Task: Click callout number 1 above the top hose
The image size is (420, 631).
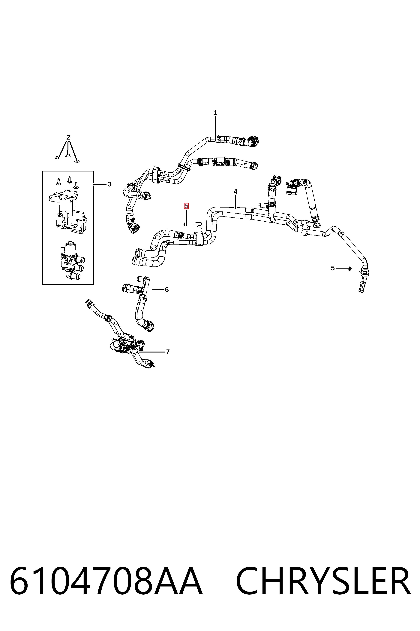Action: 215,113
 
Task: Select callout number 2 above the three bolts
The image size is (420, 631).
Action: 68,137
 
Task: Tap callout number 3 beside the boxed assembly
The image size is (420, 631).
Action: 109,184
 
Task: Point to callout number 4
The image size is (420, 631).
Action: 235,192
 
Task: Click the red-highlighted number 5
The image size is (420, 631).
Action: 186,206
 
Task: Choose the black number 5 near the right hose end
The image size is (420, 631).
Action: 333,268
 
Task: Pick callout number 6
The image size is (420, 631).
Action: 167,289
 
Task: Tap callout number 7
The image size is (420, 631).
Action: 168,352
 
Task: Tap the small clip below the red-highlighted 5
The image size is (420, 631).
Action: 185,224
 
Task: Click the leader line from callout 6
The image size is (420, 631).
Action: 154,289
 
